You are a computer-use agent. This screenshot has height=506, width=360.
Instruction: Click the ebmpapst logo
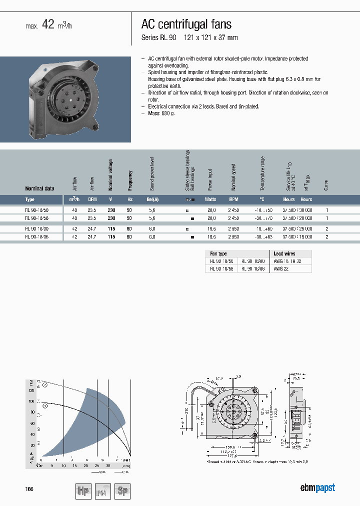coord(317,488)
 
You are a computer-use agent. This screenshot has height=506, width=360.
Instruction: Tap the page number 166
coord(29,489)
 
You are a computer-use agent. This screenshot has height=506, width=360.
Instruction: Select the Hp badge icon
coord(83,491)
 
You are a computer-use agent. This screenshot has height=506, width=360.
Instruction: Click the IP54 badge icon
coord(102,491)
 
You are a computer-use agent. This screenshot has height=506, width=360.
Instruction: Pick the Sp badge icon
coord(122,491)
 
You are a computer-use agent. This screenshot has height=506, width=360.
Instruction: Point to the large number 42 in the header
coord(47,25)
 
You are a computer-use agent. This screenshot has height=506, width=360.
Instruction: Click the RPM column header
coord(233,199)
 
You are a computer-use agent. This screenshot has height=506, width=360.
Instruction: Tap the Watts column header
coord(210,199)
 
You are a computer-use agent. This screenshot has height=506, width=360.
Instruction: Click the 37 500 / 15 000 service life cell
coord(297,237)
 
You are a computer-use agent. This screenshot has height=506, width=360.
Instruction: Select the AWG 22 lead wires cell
coord(281,268)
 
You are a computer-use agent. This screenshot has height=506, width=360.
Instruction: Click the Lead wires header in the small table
coord(284,254)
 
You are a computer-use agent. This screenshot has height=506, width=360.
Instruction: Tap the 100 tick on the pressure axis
coord(31,401)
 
